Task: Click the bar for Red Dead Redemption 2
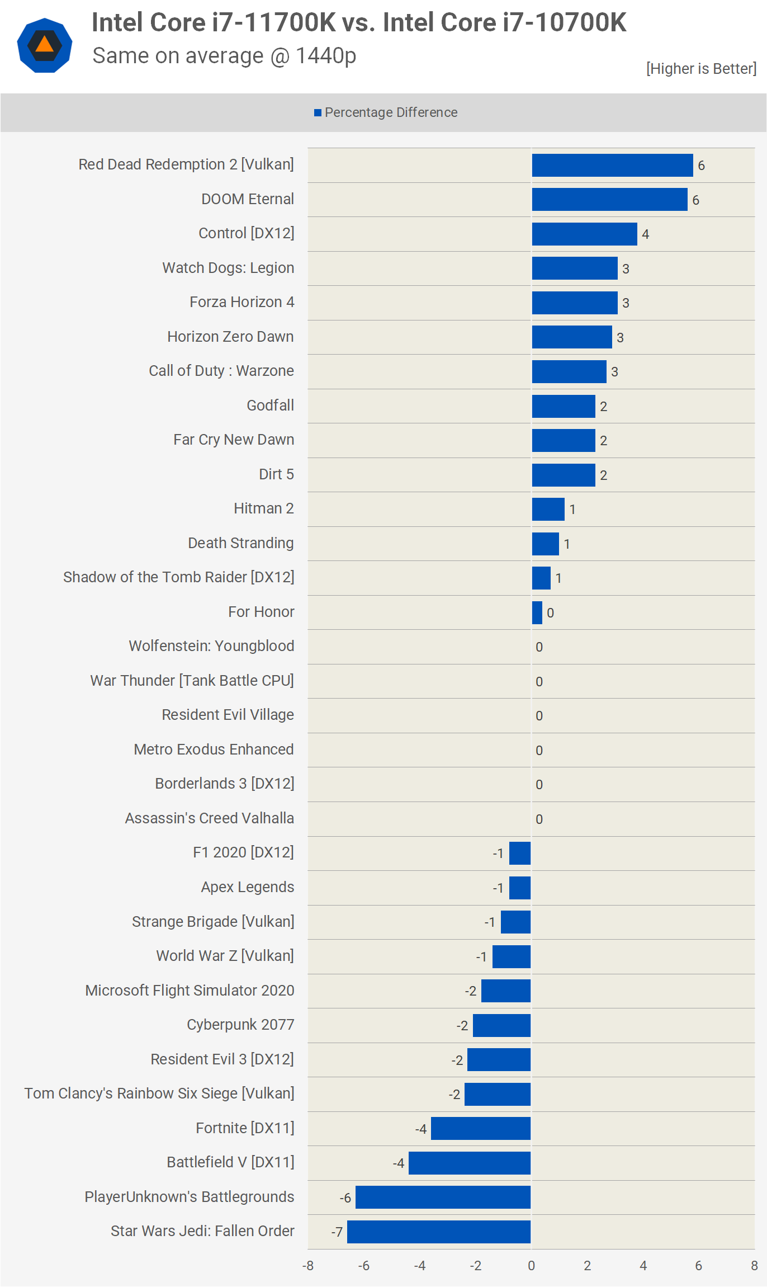(x=612, y=166)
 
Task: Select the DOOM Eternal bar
(x=609, y=200)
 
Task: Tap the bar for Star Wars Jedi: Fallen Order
(x=439, y=1232)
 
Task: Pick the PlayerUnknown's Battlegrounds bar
(x=443, y=1197)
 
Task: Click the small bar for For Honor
(x=537, y=612)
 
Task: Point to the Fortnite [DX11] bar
(x=481, y=1128)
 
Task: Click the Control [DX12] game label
(x=247, y=233)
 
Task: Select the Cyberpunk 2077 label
(x=240, y=1025)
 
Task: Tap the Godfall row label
(x=271, y=406)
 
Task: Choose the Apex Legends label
(x=248, y=887)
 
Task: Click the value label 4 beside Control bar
(x=645, y=234)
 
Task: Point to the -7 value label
(x=337, y=1232)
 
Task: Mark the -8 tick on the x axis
(x=308, y=1266)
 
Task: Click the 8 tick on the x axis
(x=754, y=1266)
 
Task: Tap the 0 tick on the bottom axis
(x=531, y=1266)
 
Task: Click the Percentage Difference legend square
(x=318, y=113)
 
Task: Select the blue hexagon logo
(x=45, y=45)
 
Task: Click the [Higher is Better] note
(x=701, y=69)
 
